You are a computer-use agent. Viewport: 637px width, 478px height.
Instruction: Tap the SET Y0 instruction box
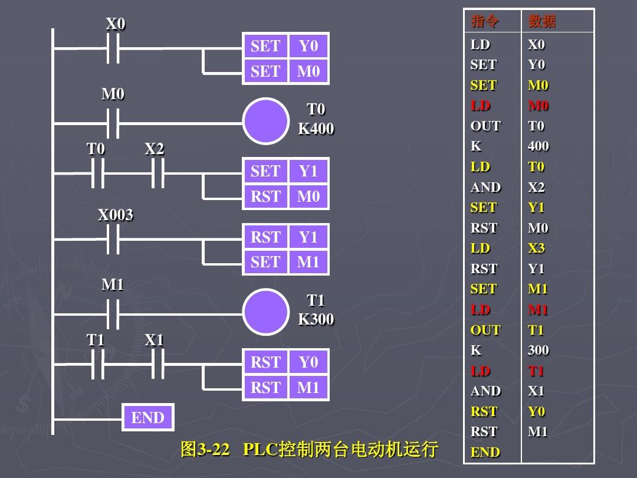pos(285,46)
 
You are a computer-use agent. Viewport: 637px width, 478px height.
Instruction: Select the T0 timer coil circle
pos(266,122)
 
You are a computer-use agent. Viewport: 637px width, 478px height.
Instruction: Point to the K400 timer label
pos(316,129)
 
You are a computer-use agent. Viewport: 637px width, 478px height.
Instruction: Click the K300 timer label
pos(316,319)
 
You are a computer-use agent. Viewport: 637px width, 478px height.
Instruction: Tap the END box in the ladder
pos(148,418)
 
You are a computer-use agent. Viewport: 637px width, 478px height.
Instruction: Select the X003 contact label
pos(116,215)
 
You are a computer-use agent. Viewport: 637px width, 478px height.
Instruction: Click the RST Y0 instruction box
pos(285,362)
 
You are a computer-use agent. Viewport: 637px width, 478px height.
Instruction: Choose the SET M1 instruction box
pos(285,262)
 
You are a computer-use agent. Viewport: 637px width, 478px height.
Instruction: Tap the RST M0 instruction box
pos(285,197)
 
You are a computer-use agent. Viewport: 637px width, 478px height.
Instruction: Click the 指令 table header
pos(485,21)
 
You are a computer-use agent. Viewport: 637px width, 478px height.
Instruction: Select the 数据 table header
pos(542,21)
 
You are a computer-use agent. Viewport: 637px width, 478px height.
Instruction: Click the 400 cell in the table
pos(538,146)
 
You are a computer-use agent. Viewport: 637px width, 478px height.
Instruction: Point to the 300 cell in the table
pos(538,350)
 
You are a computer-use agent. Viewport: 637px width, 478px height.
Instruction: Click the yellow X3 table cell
pos(536,248)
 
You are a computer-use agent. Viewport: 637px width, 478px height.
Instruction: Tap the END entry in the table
pos(485,452)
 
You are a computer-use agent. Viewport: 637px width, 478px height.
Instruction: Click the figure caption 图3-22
pos(205,450)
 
